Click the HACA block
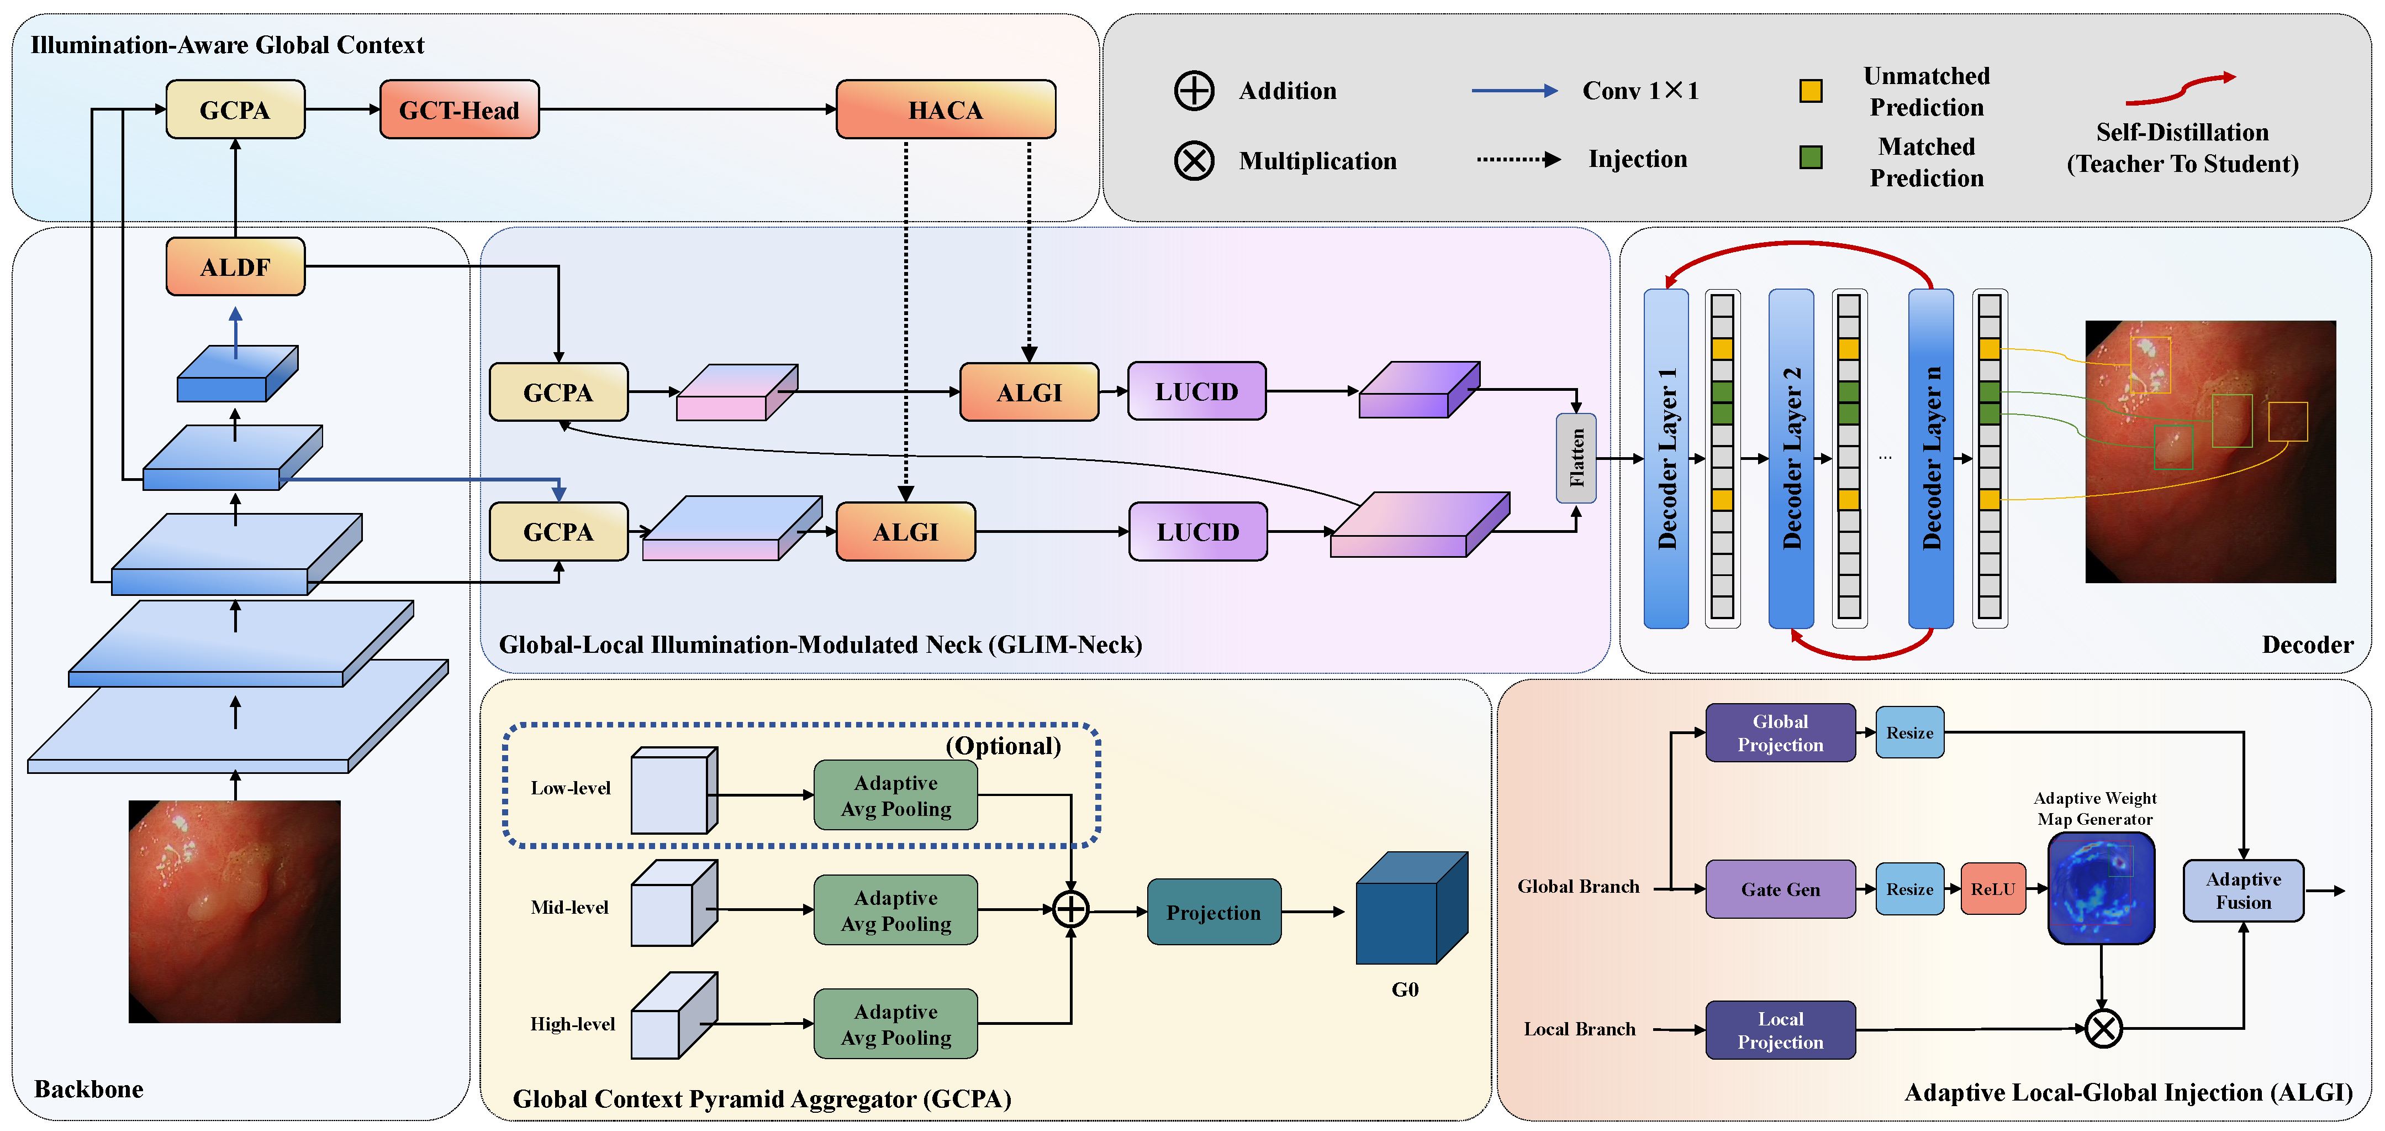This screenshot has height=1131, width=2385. point(945,109)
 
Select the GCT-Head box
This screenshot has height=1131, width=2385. point(459,109)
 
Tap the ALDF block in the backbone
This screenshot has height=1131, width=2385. point(235,267)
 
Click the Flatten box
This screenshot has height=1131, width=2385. point(1576,458)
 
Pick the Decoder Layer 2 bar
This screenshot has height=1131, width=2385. point(1791,458)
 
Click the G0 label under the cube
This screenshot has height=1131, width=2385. point(1405,989)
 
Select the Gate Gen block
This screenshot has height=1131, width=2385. point(1780,889)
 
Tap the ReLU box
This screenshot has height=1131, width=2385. point(1992,889)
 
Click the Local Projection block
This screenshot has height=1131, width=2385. point(1780,1030)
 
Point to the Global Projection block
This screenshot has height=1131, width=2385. point(1780,732)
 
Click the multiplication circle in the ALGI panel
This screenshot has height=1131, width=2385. point(2103,1028)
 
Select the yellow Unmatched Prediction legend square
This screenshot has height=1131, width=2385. point(1810,91)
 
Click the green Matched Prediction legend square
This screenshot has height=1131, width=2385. point(1810,158)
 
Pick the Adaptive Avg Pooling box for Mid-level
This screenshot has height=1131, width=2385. point(895,910)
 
